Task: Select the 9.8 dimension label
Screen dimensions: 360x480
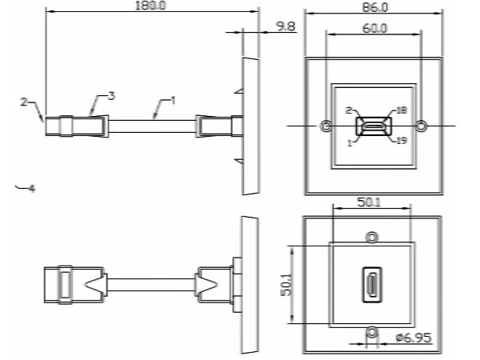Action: point(285,26)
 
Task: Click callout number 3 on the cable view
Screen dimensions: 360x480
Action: point(111,96)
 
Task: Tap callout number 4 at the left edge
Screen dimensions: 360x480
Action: point(31,189)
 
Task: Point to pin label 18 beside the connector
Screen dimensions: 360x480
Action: point(402,110)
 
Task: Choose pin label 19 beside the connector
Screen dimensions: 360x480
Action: point(402,141)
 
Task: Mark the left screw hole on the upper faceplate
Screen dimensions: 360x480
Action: point(325,126)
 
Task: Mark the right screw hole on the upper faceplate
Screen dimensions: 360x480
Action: point(422,126)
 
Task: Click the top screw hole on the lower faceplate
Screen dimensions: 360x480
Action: point(371,238)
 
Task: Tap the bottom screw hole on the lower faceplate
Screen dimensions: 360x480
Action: point(371,331)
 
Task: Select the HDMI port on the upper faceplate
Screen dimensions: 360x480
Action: point(373,126)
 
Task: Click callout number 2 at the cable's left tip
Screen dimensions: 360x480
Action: point(24,102)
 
